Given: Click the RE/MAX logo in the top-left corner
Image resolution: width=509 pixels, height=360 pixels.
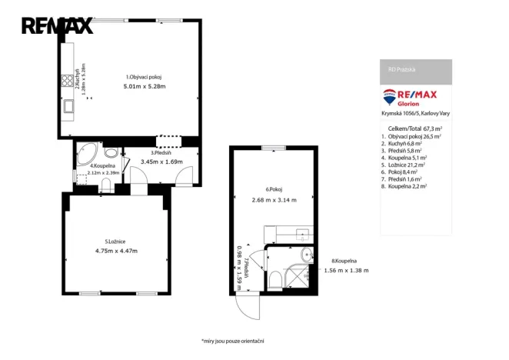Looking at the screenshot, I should point(57,25).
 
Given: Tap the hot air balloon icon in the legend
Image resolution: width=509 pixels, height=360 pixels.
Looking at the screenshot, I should point(390,98).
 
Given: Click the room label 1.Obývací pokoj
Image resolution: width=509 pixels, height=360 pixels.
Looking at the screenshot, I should point(144,77).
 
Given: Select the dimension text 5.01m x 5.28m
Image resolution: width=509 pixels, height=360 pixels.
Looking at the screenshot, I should point(144,86).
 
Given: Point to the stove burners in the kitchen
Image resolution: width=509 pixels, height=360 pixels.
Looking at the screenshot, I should point(67,81).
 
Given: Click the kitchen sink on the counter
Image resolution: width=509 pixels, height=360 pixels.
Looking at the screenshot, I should point(68,108).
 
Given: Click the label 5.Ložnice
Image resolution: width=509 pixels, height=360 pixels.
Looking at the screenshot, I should point(116,242).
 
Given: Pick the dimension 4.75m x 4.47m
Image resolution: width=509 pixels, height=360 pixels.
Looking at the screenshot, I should point(116,251).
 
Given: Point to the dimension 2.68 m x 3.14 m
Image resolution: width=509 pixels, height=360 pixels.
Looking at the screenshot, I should point(273,201).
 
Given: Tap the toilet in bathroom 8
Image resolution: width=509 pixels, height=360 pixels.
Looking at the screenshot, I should point(275,278).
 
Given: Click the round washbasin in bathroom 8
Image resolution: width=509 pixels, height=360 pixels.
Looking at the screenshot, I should point(306,254).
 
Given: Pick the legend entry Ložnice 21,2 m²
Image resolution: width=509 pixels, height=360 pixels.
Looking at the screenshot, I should point(410,164).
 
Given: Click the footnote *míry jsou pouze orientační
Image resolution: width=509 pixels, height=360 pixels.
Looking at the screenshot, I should point(232,341).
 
